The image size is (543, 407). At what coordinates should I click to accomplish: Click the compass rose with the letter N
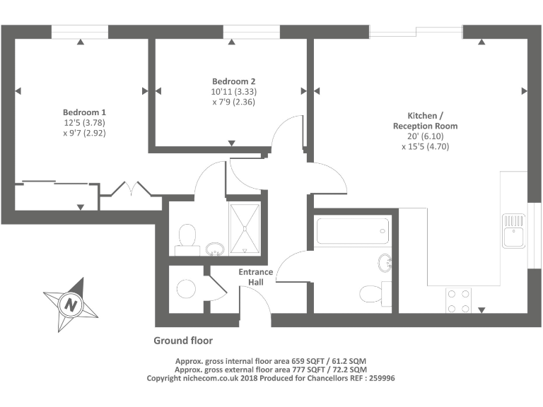click(70, 305)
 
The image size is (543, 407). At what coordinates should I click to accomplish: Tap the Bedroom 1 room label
click(84, 112)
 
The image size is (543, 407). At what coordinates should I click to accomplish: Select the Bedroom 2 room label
click(233, 81)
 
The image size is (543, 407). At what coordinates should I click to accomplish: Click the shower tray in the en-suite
click(244, 228)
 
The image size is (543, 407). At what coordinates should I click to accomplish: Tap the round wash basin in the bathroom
click(386, 263)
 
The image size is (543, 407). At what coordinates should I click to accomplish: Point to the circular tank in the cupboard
click(185, 288)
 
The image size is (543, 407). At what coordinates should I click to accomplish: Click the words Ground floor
click(183, 341)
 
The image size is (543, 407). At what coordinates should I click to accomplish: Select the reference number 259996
click(378, 379)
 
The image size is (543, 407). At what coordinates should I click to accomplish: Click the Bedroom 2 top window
click(232, 32)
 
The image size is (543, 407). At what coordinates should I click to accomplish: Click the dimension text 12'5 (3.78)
click(84, 122)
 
